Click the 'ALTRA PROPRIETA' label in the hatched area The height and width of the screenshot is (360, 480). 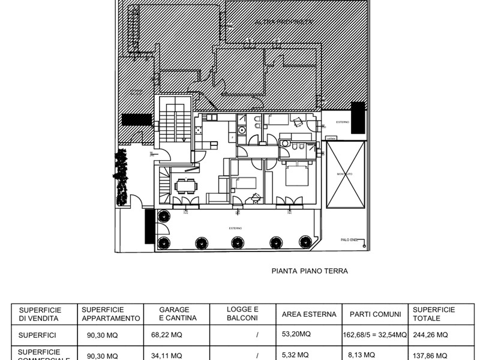pyautogui.click(x=275, y=22)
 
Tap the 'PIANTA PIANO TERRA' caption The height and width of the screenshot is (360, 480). pyautogui.click(x=310, y=271)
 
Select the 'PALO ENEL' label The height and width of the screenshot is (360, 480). pyautogui.click(x=349, y=240)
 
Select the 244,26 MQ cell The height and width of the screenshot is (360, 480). pyautogui.click(x=431, y=335)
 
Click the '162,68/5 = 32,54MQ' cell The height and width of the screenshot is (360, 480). pyautogui.click(x=374, y=335)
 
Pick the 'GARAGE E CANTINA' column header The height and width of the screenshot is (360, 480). pyautogui.click(x=176, y=314)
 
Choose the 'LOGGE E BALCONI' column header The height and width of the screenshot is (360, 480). pyautogui.click(x=242, y=314)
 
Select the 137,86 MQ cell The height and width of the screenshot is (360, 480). pyautogui.click(x=431, y=355)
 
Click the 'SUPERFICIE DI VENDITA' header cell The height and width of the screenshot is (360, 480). pyautogui.click(x=44, y=314)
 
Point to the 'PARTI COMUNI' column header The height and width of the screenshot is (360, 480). pyautogui.click(x=374, y=314)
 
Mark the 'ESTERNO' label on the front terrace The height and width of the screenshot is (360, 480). pyautogui.click(x=235, y=228)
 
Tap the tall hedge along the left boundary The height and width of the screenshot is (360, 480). pyautogui.click(x=122, y=176)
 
